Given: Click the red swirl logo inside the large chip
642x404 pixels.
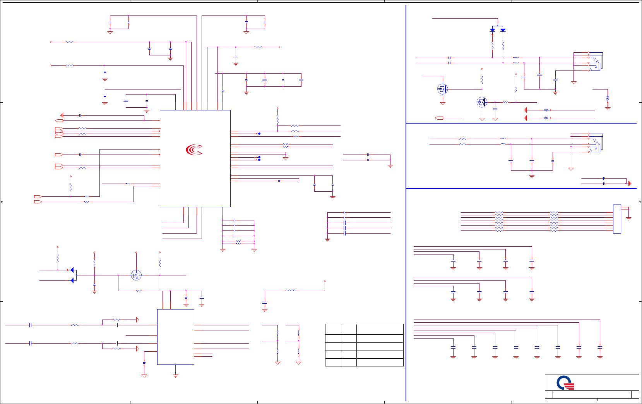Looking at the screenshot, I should (194, 150).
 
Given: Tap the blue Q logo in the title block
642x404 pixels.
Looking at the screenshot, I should (565, 383).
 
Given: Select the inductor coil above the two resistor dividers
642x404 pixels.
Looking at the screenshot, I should (291, 290).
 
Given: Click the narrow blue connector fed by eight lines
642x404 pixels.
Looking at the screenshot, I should (617, 219).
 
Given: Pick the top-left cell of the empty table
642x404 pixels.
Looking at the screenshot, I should (333, 329).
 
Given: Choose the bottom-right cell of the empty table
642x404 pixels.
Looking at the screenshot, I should (380, 362).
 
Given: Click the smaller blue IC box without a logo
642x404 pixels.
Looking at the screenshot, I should (175, 337).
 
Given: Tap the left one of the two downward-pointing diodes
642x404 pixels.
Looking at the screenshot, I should (492, 30).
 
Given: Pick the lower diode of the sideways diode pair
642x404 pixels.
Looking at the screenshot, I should (72, 280).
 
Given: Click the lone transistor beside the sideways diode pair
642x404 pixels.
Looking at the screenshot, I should (136, 275).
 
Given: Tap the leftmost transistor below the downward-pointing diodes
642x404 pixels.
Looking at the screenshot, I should (442, 89).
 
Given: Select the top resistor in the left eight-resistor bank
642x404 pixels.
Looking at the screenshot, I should (499, 213).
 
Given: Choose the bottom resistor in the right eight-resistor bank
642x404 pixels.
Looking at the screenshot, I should (554, 230).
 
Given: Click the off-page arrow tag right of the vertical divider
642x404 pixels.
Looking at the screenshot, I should (439, 118).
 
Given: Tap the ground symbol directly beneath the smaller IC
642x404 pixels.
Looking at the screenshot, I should (175, 376).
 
